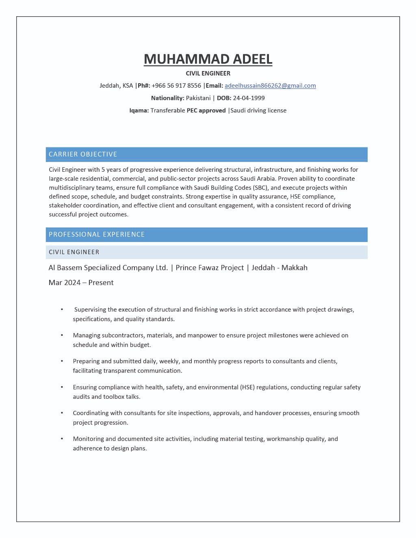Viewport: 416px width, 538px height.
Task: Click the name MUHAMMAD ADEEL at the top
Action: (x=208, y=59)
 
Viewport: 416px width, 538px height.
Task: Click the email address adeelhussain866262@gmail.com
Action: (x=270, y=86)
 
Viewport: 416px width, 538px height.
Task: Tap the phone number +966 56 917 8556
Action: (x=176, y=86)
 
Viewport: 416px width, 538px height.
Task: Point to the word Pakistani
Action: (x=198, y=98)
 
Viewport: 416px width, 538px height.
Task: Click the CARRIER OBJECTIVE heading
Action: (x=83, y=154)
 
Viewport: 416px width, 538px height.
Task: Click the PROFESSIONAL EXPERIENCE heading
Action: (x=97, y=234)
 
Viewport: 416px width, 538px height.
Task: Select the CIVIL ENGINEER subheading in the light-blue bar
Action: (x=74, y=252)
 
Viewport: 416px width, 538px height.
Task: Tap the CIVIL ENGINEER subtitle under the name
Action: (x=208, y=73)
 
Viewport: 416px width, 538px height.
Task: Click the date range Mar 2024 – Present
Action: (x=81, y=283)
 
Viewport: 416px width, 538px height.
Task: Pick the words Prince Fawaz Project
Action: (x=210, y=268)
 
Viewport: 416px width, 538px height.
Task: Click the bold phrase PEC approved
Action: (x=206, y=110)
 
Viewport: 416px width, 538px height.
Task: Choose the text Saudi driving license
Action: (x=258, y=110)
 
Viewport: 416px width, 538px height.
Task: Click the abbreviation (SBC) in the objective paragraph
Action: (x=260, y=188)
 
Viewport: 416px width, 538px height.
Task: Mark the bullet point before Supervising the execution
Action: (x=62, y=309)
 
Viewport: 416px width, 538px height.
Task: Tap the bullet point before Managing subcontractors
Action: (x=62, y=335)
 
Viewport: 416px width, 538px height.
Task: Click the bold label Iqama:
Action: (x=139, y=110)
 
